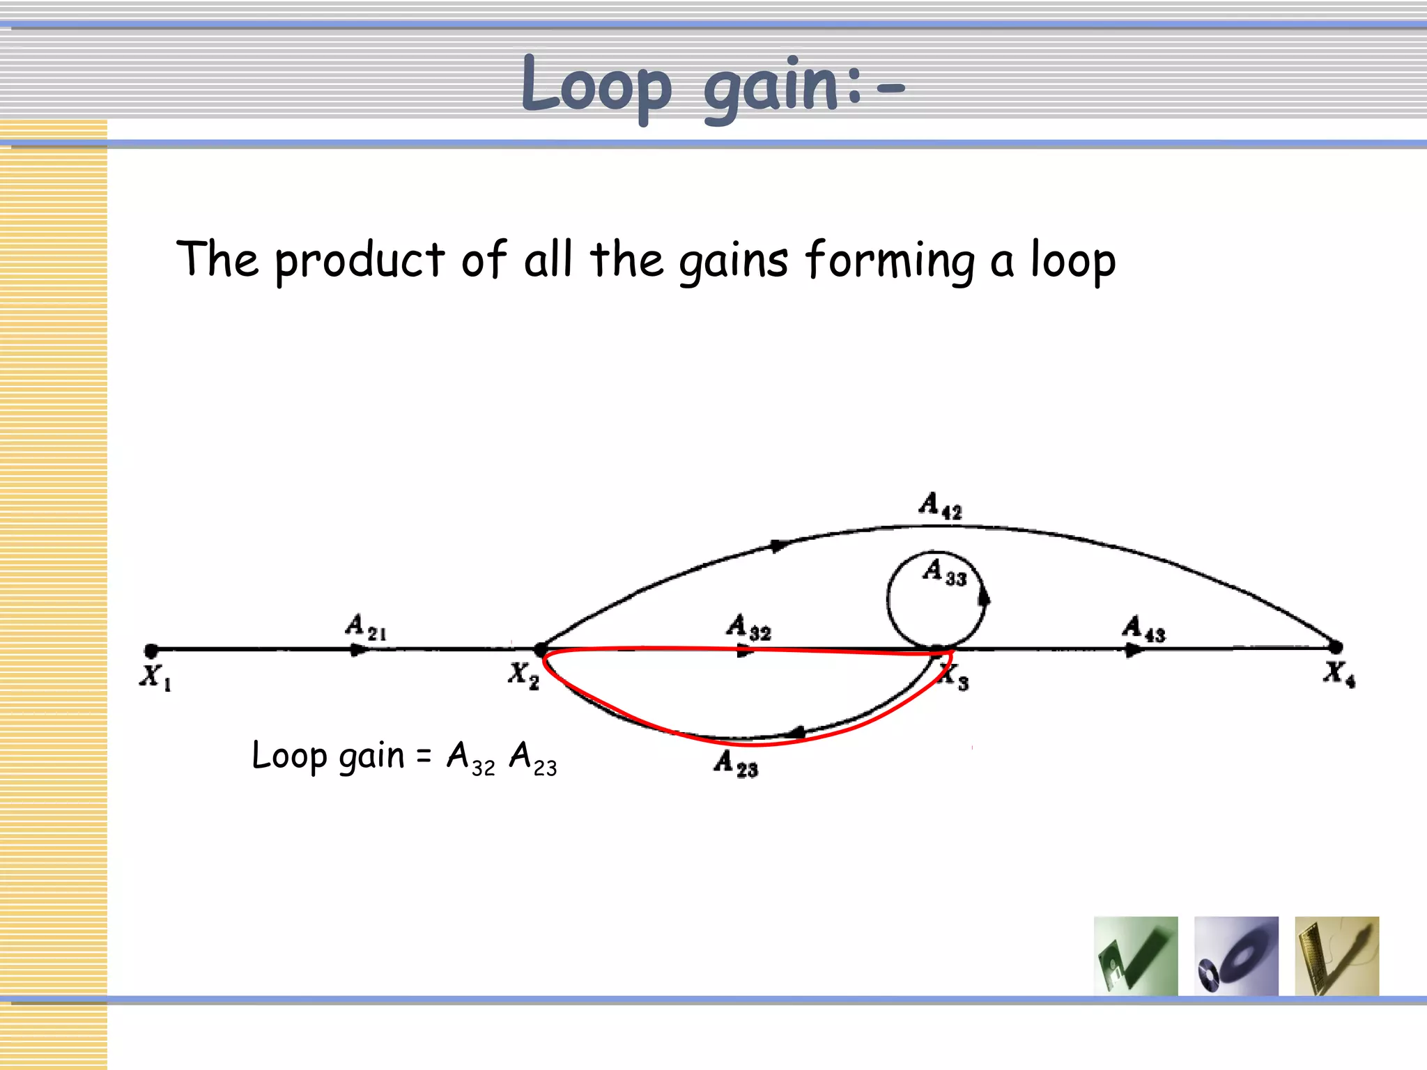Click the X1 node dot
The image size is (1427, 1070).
[x=151, y=651]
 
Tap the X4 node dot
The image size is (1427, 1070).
[x=1335, y=647]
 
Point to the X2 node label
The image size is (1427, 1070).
[x=523, y=675]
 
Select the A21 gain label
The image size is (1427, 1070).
[x=366, y=627]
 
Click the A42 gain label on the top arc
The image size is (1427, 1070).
[x=940, y=505]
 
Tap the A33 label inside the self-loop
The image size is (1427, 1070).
[x=945, y=572]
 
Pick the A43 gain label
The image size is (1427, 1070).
[x=1143, y=628]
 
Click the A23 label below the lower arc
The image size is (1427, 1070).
[x=736, y=763]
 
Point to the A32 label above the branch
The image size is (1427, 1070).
[x=748, y=627]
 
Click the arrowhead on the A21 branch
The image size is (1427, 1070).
[x=358, y=650]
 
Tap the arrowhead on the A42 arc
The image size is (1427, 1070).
[x=780, y=545]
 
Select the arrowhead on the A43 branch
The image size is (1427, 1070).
[x=1133, y=650]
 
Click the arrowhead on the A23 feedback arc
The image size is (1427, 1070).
[x=796, y=732]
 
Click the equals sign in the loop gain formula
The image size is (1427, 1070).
[x=424, y=755]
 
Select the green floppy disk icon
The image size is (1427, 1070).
[x=1136, y=956]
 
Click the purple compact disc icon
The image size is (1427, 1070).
[x=1236, y=956]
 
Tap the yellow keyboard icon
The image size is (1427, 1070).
[x=1336, y=956]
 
